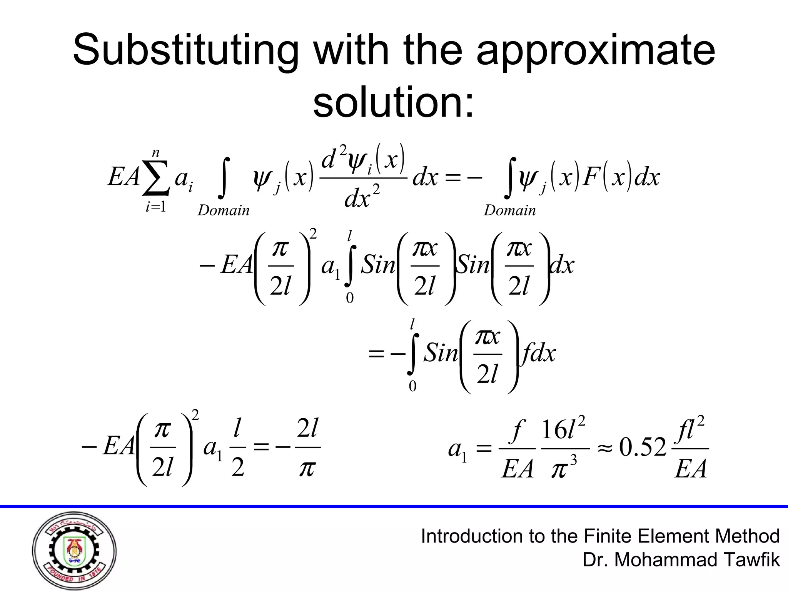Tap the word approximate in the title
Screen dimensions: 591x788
click(x=595, y=51)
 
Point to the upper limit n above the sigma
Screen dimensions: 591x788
click(x=155, y=153)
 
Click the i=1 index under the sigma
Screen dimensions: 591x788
click(x=155, y=207)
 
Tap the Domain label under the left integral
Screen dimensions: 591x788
click(x=223, y=210)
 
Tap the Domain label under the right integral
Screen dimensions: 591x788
click(x=509, y=210)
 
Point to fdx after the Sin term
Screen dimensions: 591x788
click(x=538, y=353)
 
